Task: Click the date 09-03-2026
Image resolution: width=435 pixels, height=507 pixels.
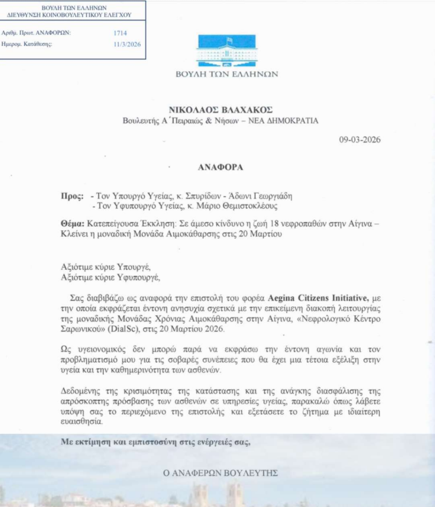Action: point(360,141)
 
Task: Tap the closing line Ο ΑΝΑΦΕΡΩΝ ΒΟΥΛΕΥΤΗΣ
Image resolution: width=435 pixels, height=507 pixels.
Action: point(221,473)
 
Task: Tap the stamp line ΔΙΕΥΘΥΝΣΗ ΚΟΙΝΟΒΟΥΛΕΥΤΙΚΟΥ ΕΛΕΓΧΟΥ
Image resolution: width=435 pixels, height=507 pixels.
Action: point(69,15)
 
